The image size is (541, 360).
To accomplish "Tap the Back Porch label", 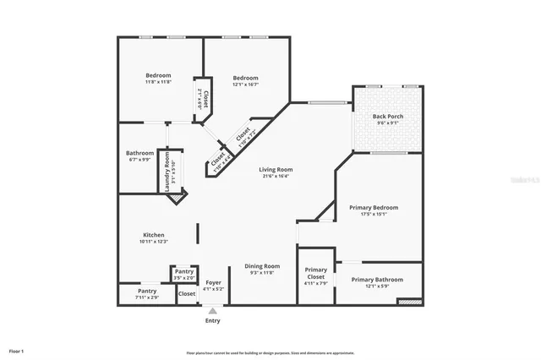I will click(388, 116).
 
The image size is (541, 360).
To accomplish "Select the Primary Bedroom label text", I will click(374, 207).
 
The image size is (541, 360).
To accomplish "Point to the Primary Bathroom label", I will click(377, 279).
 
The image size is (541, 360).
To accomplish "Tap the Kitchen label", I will click(153, 235).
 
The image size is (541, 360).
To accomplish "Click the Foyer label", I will click(213, 282).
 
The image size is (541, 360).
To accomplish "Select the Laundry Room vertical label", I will click(167, 172).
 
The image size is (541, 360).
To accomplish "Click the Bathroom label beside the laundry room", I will click(140, 153).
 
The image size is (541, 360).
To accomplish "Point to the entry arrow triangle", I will click(212, 311).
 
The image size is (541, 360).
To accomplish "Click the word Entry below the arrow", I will click(212, 321).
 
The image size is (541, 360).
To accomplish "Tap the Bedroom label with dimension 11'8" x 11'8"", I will click(158, 76).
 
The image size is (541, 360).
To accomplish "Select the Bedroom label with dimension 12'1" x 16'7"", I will click(245, 78).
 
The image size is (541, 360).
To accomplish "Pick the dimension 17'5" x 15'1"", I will click(374, 214).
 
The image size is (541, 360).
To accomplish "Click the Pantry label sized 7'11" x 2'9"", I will click(147, 291).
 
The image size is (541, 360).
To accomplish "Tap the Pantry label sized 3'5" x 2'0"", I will click(184, 271).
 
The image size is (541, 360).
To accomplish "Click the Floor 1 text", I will click(16, 350).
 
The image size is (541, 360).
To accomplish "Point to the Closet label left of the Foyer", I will click(187, 293).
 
